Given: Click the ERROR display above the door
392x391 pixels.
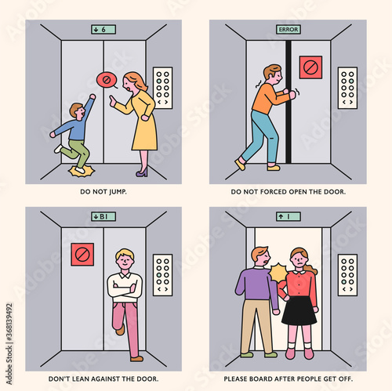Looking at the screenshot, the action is [x=289, y=29].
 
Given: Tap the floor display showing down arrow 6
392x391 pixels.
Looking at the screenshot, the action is [x=103, y=30].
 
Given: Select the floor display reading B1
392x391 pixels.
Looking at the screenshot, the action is [x=103, y=216].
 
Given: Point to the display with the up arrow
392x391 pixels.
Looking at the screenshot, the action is [x=289, y=216].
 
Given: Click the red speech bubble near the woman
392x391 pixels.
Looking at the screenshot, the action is [x=107, y=80].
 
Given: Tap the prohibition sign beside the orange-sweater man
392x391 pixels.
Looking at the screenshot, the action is [x=310, y=67].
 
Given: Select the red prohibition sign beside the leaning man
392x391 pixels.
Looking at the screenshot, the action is [x=82, y=255].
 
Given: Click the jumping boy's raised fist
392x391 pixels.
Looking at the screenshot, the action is [x=93, y=96].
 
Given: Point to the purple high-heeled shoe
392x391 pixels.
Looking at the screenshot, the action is [x=142, y=172].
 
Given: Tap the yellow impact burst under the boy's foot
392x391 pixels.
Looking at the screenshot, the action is [x=82, y=172].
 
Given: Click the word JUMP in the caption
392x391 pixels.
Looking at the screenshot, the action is [x=118, y=192].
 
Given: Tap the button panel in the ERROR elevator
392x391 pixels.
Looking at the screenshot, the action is [x=347, y=88].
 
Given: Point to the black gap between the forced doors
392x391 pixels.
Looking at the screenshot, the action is [x=289, y=102].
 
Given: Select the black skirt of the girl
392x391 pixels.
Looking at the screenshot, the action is [x=299, y=310].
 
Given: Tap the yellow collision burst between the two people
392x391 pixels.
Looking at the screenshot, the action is [x=278, y=273].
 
